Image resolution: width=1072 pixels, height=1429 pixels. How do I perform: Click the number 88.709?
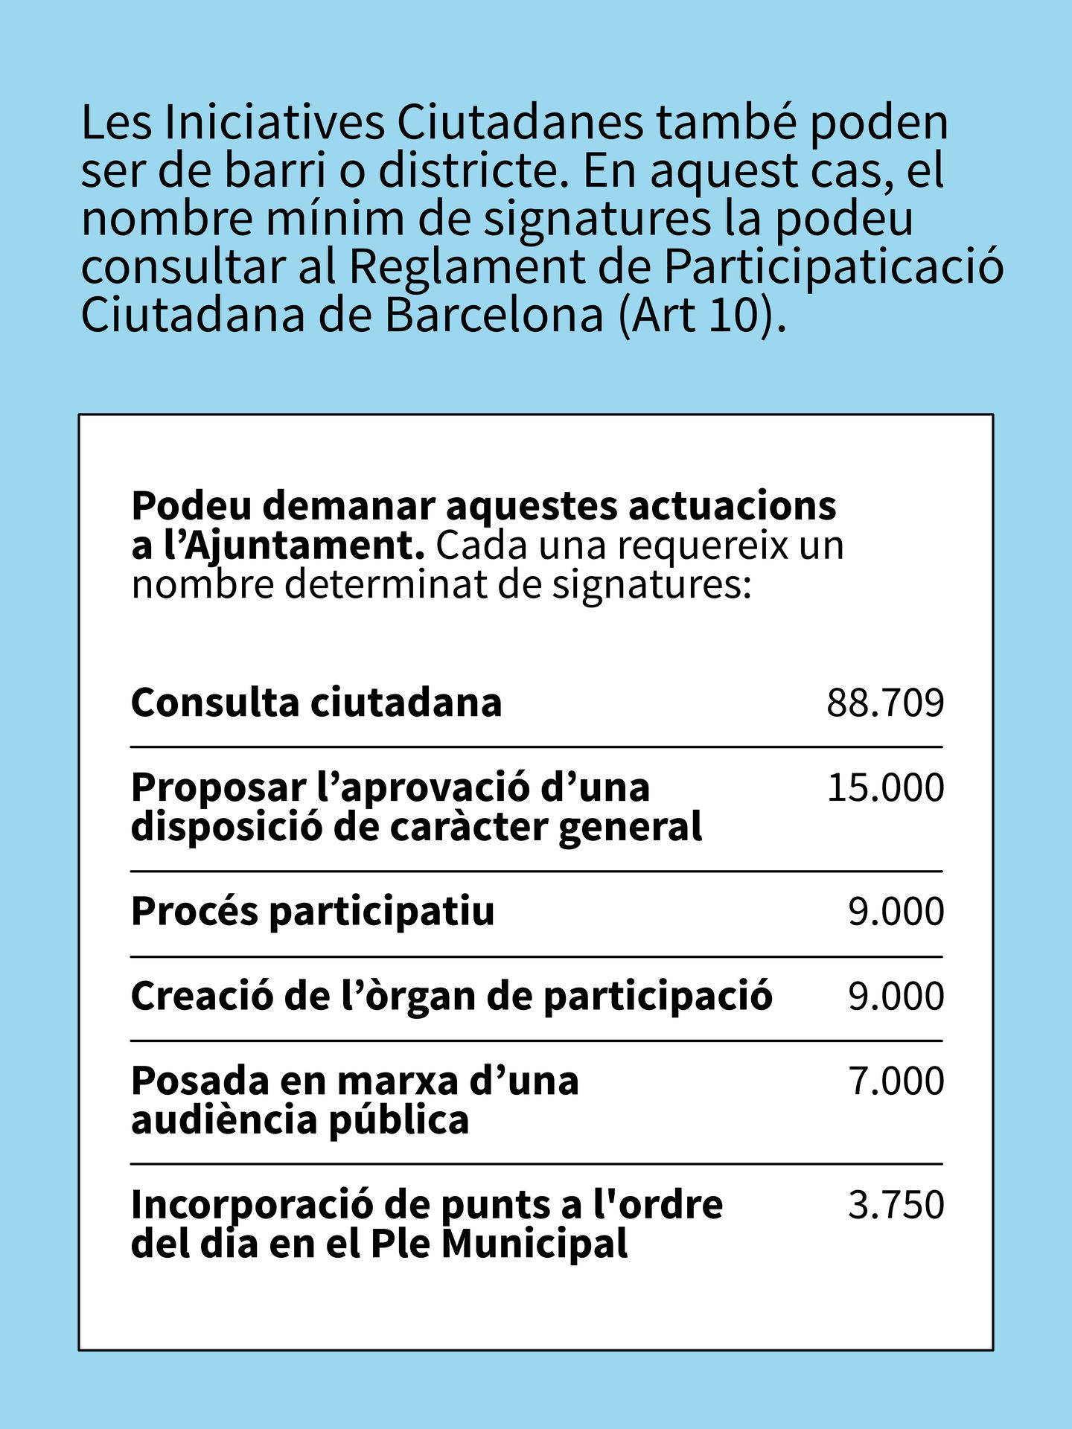884,703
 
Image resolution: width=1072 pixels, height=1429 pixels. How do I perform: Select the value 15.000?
884,787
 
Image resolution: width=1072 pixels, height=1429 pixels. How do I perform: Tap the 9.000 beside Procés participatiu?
896,912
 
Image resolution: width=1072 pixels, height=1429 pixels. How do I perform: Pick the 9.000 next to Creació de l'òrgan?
896,997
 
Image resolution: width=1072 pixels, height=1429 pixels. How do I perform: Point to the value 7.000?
896,1081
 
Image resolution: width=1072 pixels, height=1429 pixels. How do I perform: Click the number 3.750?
896,1205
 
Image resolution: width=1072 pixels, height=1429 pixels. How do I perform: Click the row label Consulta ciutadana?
316,703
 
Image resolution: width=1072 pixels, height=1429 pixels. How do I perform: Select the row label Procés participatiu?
313,912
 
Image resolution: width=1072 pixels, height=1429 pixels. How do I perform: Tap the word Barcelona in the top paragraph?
494,315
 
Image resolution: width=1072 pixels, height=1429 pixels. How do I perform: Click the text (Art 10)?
702,315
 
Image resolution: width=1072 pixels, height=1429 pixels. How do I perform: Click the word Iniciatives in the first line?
275,123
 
